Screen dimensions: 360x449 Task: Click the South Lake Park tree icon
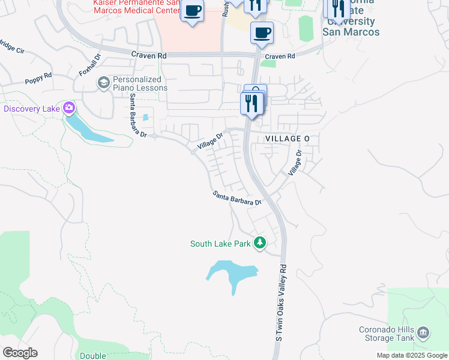pyautogui.click(x=260, y=244)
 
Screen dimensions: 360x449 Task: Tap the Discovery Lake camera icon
pyautogui.click(x=69, y=109)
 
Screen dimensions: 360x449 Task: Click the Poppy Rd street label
pyautogui.click(x=38, y=79)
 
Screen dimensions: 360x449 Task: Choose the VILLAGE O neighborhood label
pyautogui.click(x=287, y=139)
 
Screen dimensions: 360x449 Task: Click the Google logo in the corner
pyautogui.click(x=20, y=353)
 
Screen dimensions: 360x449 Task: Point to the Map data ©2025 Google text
pyautogui.click(x=412, y=355)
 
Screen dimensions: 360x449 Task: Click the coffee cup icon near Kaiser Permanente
pyautogui.click(x=192, y=11)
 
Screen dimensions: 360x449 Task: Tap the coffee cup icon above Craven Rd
pyautogui.click(x=262, y=32)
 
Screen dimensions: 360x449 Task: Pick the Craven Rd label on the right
pyautogui.click(x=280, y=56)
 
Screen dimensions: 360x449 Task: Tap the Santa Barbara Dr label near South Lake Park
pyautogui.click(x=237, y=198)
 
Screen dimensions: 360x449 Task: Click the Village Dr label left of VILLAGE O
pyautogui.click(x=210, y=142)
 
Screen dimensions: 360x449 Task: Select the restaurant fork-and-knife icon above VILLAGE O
pyautogui.click(x=250, y=103)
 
